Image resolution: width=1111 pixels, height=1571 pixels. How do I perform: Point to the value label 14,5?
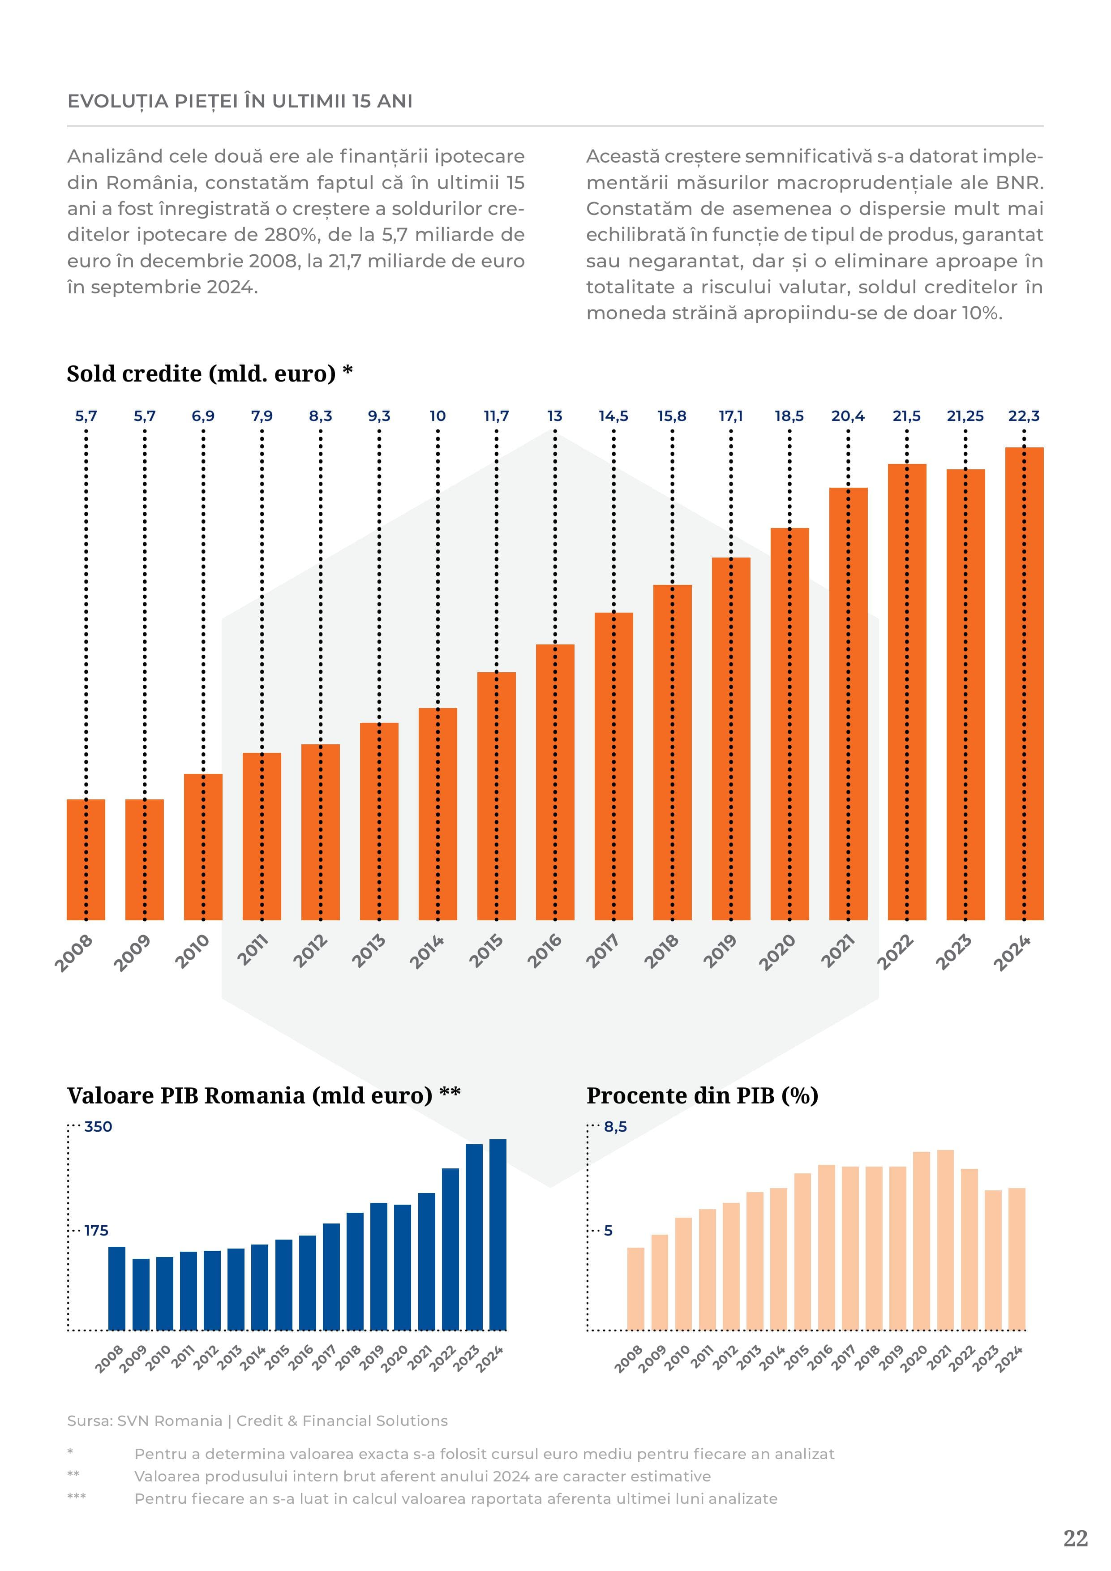click(x=613, y=416)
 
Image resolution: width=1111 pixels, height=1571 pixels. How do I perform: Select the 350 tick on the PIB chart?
click(x=98, y=1127)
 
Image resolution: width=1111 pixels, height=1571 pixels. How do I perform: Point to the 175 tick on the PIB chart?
click(x=96, y=1231)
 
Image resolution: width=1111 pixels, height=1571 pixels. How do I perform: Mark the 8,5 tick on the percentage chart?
click(x=615, y=1127)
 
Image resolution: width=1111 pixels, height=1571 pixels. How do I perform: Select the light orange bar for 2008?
click(x=635, y=1289)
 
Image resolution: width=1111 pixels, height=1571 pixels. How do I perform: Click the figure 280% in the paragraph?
click(x=292, y=235)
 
